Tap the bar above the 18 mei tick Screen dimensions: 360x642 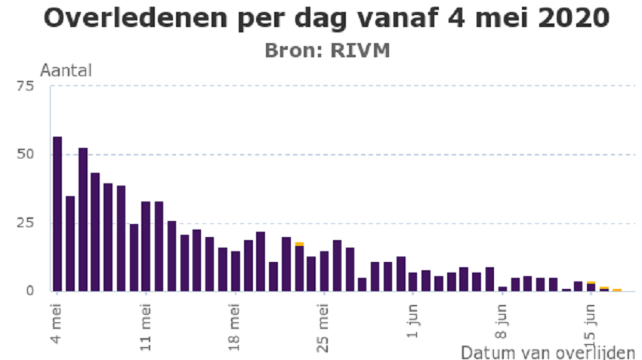pos(236,270)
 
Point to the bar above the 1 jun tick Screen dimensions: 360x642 pos(413,282)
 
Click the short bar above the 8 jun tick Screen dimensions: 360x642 pos(502,288)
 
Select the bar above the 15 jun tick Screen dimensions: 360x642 pos(591,287)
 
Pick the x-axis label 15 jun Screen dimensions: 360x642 pos(591,322)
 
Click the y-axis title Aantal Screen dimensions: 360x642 pos(66,71)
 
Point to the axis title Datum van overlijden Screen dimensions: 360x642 pos(548,352)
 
